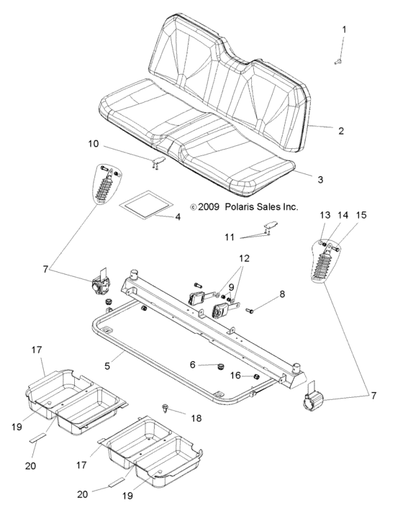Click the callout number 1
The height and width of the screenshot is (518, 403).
tap(344, 29)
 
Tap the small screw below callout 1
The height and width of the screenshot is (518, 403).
tap(338, 63)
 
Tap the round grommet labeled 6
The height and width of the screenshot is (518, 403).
tap(214, 368)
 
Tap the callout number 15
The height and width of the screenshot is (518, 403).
tap(361, 215)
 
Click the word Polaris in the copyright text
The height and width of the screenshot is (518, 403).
tap(226, 206)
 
